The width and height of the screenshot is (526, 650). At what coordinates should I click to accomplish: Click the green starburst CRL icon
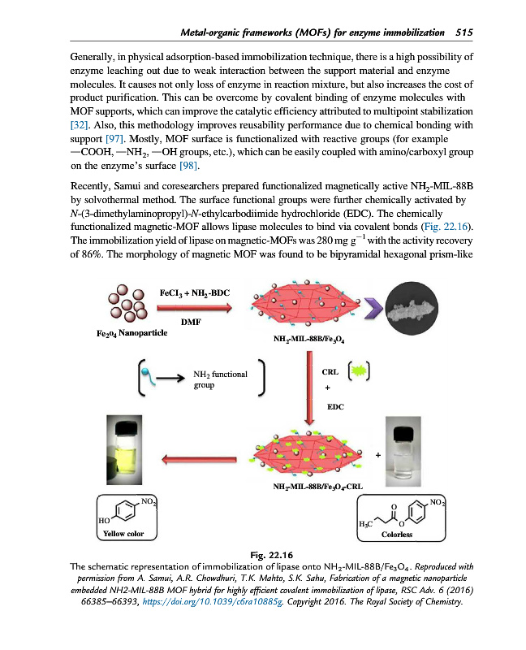[359, 371]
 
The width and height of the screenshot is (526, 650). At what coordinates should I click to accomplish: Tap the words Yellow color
[119, 534]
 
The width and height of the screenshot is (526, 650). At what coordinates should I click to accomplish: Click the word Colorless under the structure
[396, 535]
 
